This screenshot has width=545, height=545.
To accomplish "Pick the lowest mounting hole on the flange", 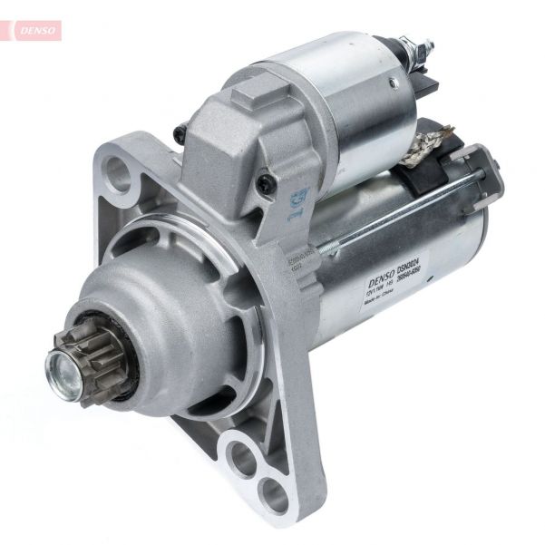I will (273, 495).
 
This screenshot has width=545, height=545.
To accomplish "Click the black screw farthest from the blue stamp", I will (179, 134).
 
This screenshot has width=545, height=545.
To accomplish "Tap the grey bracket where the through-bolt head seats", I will (481, 177).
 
